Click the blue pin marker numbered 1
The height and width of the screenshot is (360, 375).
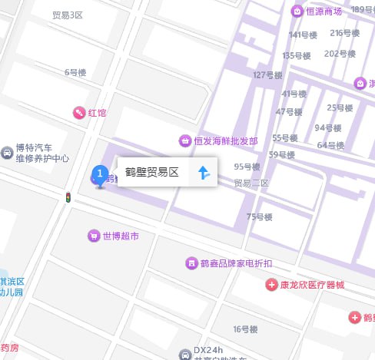[x=99, y=176]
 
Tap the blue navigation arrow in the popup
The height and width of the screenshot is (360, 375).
[x=204, y=173]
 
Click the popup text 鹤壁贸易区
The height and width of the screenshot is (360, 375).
[x=152, y=173]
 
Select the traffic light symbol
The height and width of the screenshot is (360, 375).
[x=68, y=198]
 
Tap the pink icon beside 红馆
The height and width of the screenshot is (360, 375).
[x=78, y=113]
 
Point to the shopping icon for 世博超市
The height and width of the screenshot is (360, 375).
[x=93, y=236]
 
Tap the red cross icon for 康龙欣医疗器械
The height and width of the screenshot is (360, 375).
[x=271, y=285]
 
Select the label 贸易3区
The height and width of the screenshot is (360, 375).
[x=68, y=15]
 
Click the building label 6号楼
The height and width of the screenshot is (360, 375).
[x=76, y=72]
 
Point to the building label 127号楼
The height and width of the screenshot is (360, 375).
[x=268, y=74]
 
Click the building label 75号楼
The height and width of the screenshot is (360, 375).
[x=261, y=217]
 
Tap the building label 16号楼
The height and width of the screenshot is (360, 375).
[x=245, y=329]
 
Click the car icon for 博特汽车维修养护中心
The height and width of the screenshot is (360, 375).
[x=8, y=153]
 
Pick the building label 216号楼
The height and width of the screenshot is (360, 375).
[x=345, y=32]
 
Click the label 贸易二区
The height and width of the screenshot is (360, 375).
[x=251, y=183]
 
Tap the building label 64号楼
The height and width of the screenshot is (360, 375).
[x=330, y=145]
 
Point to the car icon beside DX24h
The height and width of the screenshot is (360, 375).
[x=184, y=355]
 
